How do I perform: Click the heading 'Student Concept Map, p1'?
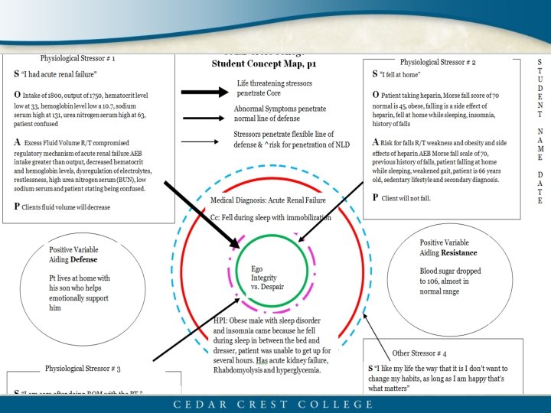pos(258,64)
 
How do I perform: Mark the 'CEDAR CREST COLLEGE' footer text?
pos(275,403)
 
